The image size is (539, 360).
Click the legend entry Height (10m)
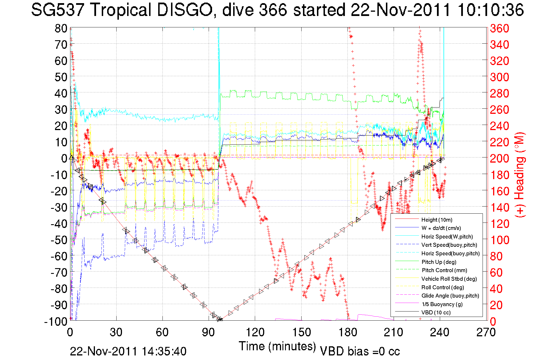click(x=437, y=220)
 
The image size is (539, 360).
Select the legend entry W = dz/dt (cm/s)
click(x=441, y=228)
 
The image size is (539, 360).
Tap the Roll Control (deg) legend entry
click(x=442, y=287)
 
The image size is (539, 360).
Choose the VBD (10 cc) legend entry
click(x=436, y=312)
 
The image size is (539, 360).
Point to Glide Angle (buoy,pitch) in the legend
click(x=450, y=296)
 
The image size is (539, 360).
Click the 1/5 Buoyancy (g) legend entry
click(x=442, y=304)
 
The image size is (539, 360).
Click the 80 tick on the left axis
click(x=61, y=28)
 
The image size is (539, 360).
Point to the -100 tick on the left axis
click(x=56, y=321)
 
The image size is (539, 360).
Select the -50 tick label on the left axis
click(x=59, y=240)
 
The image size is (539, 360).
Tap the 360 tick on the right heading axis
click(x=499, y=28)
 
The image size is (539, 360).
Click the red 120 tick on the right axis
click(x=499, y=224)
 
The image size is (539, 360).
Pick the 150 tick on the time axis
click(x=301, y=332)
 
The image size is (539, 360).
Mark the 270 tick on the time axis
click(x=486, y=332)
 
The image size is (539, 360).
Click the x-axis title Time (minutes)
click(x=277, y=346)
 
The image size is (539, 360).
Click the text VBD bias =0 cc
click(x=360, y=351)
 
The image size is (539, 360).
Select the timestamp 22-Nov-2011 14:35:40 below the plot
click(x=128, y=351)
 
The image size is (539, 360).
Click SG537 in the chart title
click(x=58, y=10)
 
